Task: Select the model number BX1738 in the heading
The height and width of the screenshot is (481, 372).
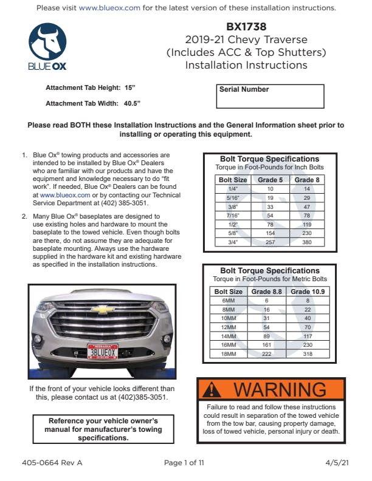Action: (x=246, y=27)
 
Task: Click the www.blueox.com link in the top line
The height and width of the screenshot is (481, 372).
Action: (x=110, y=8)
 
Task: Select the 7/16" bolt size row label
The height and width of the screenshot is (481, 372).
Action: (x=232, y=215)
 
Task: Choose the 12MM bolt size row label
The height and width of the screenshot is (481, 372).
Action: (x=228, y=327)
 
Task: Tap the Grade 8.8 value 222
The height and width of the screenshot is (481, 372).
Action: (x=266, y=353)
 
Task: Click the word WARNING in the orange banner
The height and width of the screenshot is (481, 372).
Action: (x=280, y=389)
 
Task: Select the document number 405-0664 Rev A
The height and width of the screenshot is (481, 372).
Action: (x=52, y=463)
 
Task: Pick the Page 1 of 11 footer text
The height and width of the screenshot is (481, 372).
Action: (x=184, y=463)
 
